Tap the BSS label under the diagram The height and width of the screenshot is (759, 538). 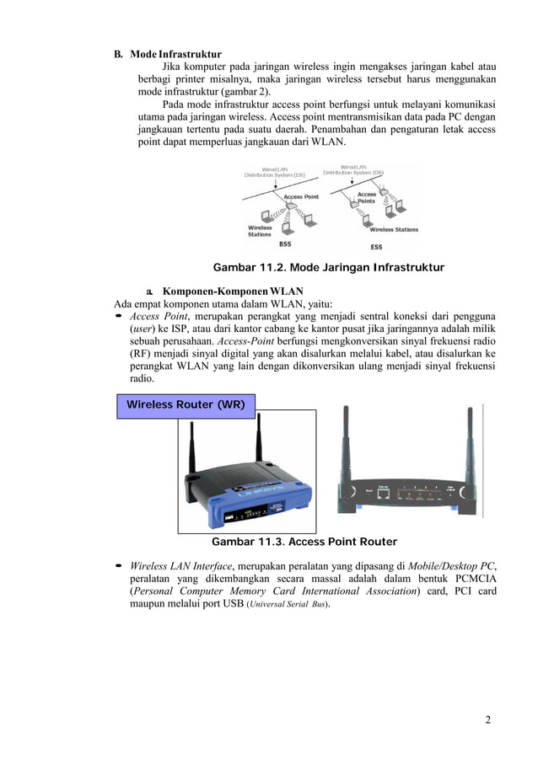pos(285,245)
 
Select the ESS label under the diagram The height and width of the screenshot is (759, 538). pos(376,246)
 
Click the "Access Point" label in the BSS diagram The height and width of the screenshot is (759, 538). pos(299,197)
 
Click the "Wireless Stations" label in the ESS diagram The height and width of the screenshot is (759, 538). pos(394,229)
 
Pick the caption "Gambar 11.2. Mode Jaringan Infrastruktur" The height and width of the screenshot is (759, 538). pos(328,268)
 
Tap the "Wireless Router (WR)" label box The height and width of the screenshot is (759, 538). pos(186,404)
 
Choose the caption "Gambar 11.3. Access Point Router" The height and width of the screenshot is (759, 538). pos(304,542)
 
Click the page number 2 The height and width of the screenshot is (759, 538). pos(488,719)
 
